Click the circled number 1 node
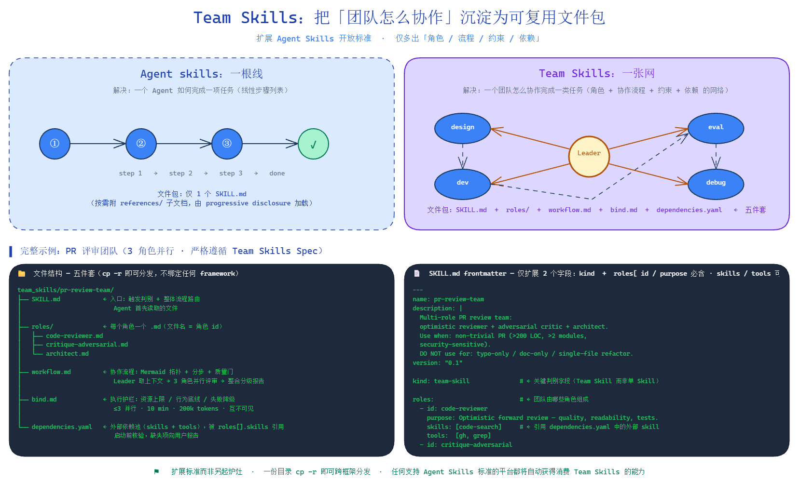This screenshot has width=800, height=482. (55, 144)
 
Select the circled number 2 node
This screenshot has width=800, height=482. (141, 144)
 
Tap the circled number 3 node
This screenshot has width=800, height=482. (227, 144)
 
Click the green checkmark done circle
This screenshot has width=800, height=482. (313, 144)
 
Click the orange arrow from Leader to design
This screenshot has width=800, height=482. (531, 139)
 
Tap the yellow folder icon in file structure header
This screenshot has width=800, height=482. (22, 274)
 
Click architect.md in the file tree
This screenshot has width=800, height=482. (67, 354)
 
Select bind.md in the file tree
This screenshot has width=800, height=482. (44, 400)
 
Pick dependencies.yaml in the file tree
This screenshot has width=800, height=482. (62, 427)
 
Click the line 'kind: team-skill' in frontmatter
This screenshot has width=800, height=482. (441, 381)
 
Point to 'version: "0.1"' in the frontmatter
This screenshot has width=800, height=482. (437, 363)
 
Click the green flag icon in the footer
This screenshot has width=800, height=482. (156, 471)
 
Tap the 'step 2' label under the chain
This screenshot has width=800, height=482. (180, 174)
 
